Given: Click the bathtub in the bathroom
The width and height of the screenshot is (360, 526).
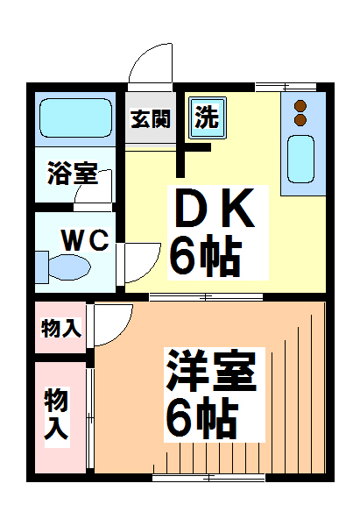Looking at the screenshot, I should pyautogui.click(x=76, y=118).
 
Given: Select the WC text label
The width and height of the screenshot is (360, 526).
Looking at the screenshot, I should pyautogui.click(x=84, y=238).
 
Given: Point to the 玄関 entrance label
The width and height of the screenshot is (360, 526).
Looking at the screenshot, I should pyautogui.click(x=151, y=119).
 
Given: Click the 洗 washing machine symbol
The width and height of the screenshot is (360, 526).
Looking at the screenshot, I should pyautogui.click(x=208, y=117).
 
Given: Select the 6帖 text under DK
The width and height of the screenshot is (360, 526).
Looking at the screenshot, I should pyautogui.click(x=205, y=255).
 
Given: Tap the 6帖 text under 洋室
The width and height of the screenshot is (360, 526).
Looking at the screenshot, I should pyautogui.click(x=202, y=418).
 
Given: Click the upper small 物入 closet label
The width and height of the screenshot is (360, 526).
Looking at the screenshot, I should pyautogui.click(x=61, y=329).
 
